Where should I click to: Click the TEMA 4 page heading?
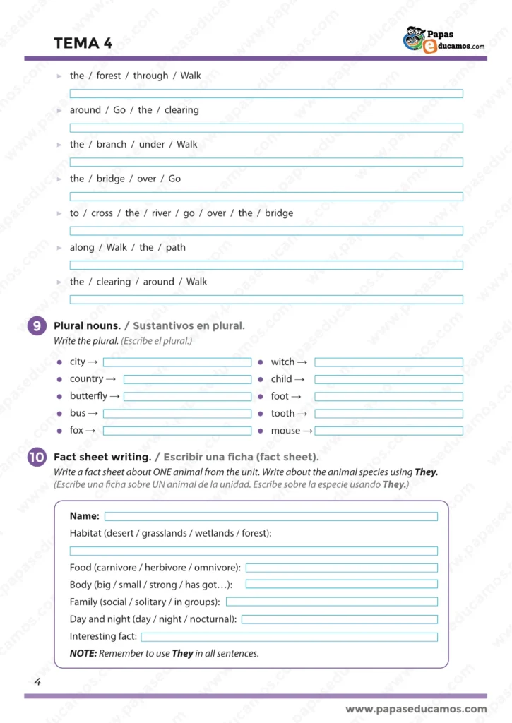[83, 43]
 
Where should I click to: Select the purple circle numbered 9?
[37, 325]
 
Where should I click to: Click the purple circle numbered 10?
[37, 458]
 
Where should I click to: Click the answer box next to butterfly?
[187, 397]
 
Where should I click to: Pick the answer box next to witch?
[388, 362]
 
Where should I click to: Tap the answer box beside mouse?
[388, 431]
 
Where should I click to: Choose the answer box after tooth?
[388, 414]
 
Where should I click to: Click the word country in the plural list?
[86, 379]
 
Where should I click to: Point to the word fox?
[76, 431]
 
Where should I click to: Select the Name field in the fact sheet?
[270, 517]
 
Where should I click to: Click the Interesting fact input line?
[289, 637]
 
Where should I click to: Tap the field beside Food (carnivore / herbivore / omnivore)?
[341, 568]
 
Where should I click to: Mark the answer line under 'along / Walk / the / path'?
[266, 265]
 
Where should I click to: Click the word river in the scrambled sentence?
[161, 213]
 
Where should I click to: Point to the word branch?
[112, 145]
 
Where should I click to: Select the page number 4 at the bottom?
[37, 682]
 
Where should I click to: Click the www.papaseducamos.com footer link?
[416, 709]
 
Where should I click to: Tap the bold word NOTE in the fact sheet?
[83, 654]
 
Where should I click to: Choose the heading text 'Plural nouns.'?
[88, 325]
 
